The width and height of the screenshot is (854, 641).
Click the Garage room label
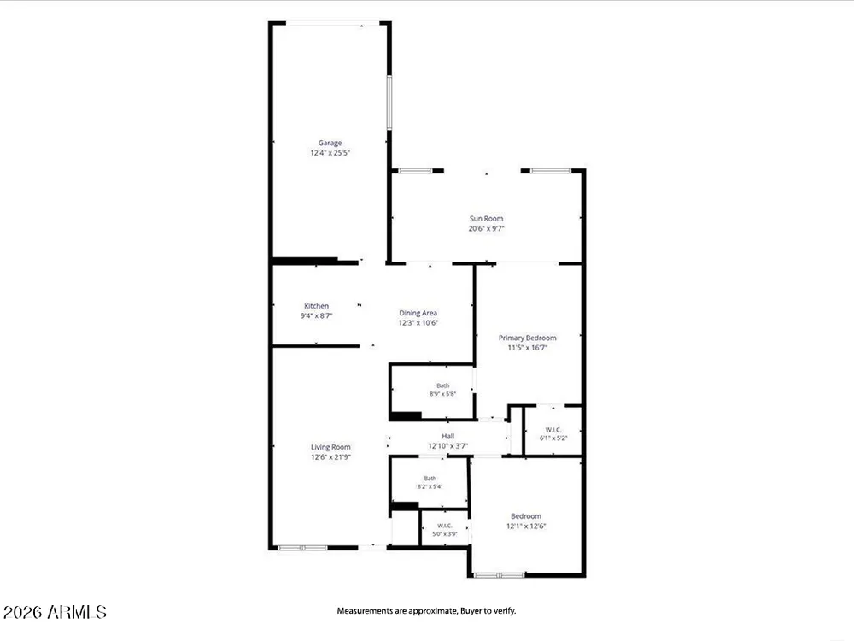[330, 143]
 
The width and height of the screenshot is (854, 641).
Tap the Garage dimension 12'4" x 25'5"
[330, 153]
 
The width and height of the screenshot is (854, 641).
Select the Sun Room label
[487, 219]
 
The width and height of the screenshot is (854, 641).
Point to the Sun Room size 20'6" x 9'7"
[487, 228]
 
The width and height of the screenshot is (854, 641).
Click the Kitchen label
[317, 306]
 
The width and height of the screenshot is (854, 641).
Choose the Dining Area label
[418, 313]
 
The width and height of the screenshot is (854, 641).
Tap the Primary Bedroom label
[527, 338]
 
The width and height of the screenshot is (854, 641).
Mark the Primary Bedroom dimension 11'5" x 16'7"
[527, 348]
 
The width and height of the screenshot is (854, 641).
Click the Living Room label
[330, 447]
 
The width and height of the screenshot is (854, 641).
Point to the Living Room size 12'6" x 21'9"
[330, 457]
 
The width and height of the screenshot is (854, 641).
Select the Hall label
[447, 436]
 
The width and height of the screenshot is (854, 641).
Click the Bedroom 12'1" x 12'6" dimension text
[526, 526]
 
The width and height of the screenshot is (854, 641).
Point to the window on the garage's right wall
[389, 103]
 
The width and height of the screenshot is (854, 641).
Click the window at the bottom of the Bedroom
[499, 574]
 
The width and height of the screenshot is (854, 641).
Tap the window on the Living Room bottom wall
[302, 547]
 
